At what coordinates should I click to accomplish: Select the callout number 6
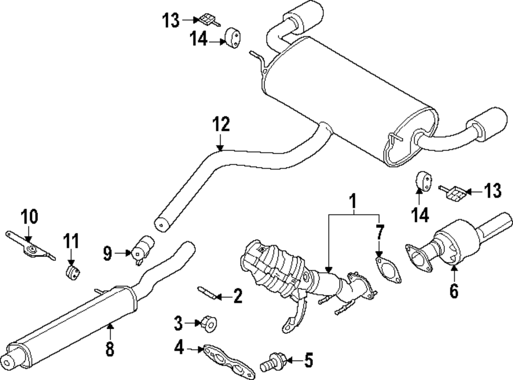454,291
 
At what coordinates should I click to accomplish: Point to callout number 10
29,217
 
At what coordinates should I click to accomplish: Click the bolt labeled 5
272,363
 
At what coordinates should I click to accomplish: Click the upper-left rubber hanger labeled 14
233,37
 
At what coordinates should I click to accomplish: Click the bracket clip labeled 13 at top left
206,19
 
